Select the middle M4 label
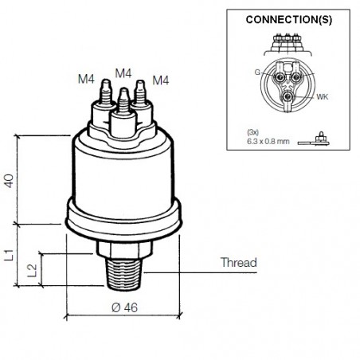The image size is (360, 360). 123,72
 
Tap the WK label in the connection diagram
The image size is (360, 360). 323,98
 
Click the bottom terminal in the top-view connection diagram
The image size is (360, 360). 288,97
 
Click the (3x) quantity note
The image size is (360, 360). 253,131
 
